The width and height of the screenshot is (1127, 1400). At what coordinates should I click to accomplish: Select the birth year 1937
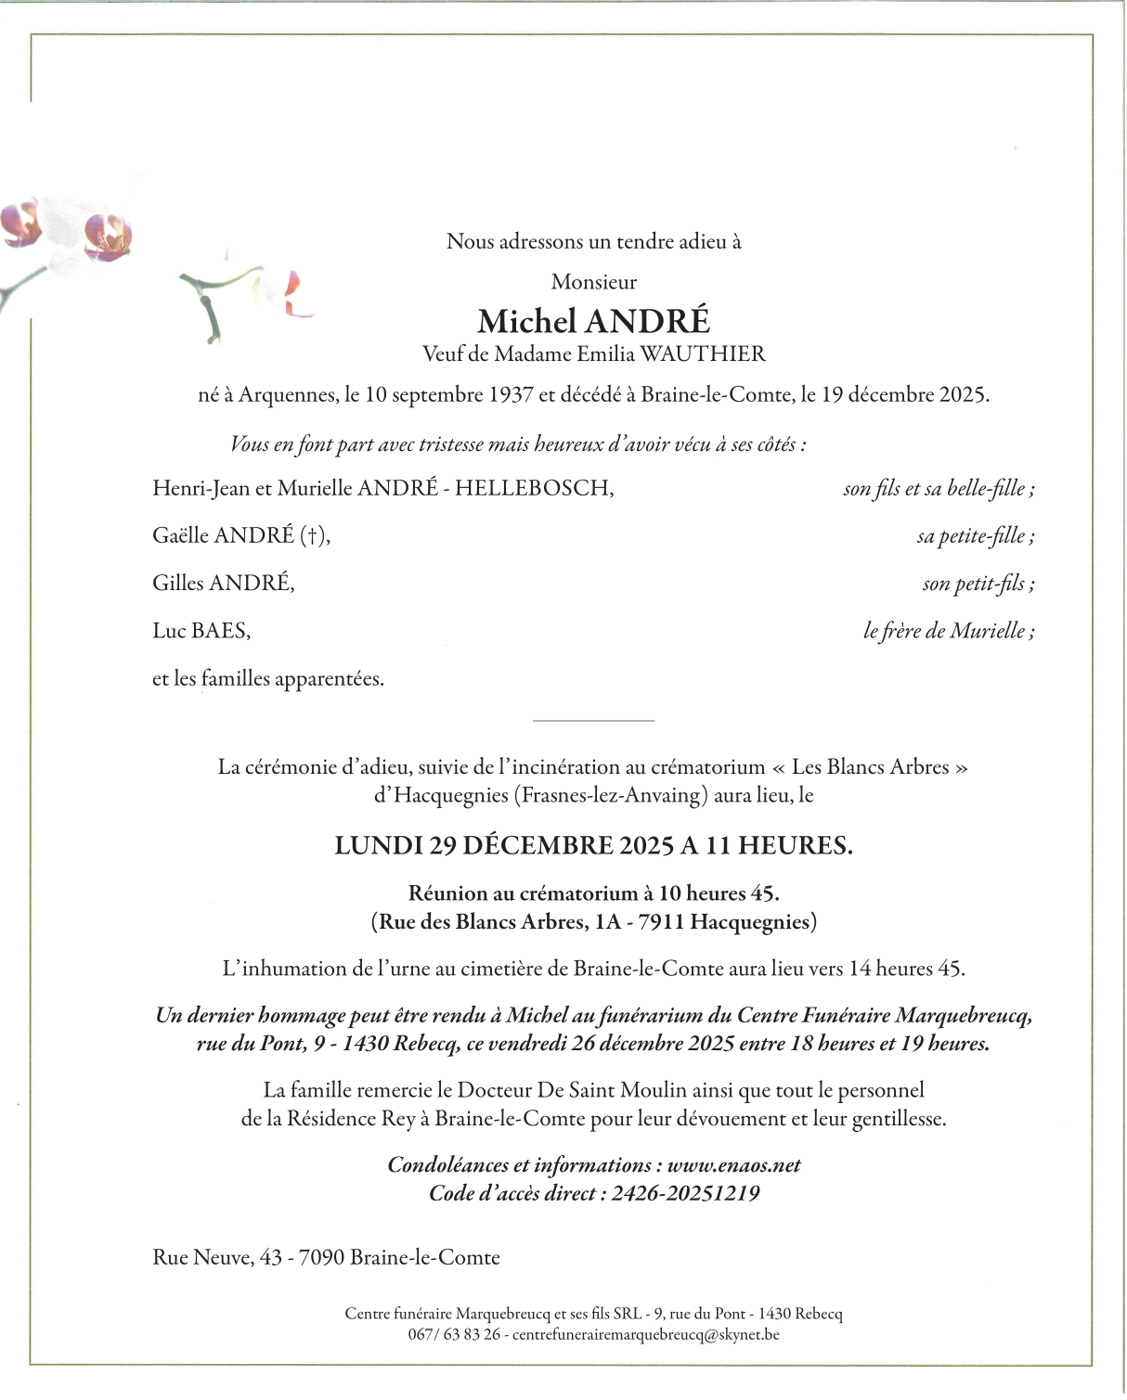click(x=510, y=395)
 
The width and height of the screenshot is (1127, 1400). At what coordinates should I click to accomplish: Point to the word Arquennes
click(x=288, y=395)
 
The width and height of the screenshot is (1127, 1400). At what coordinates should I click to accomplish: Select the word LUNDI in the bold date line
click(x=379, y=846)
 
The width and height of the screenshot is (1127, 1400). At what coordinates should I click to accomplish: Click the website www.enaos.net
click(x=733, y=1165)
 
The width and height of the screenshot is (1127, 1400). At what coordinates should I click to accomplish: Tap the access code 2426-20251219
click(x=685, y=1194)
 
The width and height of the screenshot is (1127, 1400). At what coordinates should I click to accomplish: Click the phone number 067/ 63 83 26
click(x=454, y=1335)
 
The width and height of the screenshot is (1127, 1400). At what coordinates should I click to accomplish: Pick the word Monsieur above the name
click(x=594, y=282)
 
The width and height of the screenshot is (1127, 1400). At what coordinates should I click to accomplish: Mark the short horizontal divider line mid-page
click(x=594, y=721)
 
